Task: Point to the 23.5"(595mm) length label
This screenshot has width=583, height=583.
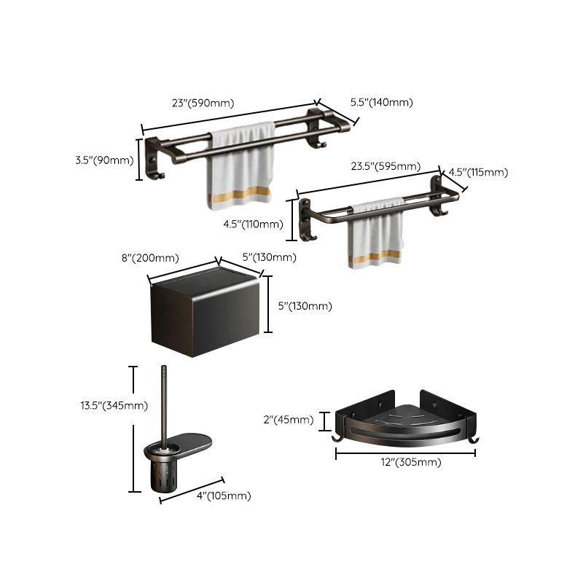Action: [386, 166]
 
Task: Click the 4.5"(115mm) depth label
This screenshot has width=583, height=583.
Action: [477, 172]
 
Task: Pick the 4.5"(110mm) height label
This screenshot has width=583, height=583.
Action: [253, 224]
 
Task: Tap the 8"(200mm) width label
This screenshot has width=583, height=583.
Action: [149, 257]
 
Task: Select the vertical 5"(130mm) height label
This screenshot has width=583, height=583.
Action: [305, 306]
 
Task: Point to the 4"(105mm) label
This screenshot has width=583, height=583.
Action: [224, 496]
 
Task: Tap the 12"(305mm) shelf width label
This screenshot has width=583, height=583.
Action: [405, 462]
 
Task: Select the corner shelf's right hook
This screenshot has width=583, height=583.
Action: [474, 439]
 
